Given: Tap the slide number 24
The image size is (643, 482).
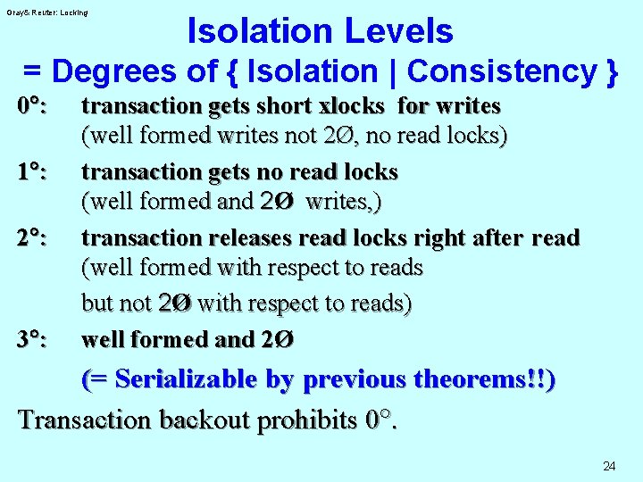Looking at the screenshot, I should click(x=609, y=466).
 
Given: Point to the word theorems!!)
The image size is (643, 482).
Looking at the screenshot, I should click(x=491, y=379).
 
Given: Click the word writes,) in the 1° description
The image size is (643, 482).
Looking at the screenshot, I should click(x=343, y=202).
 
